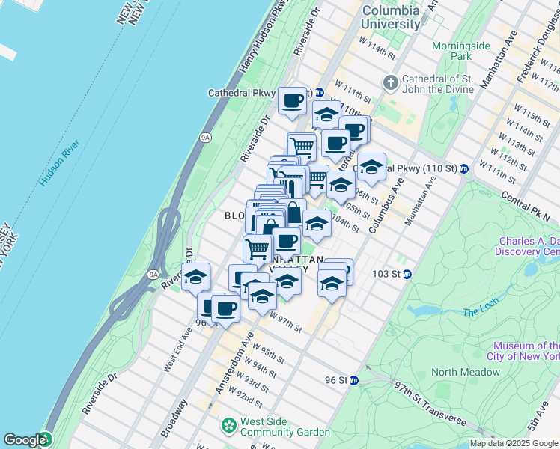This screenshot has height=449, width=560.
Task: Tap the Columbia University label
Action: pos(391,18)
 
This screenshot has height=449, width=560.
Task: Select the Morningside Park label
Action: pos(461,51)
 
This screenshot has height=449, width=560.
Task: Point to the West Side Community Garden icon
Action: pos(228,426)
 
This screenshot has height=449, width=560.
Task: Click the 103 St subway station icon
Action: pos(407,274)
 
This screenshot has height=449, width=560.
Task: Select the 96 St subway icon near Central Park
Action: pos(355,380)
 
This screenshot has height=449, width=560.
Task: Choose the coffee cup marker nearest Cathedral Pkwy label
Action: pos(292,100)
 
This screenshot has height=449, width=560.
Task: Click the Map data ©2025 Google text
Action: pos(514,443)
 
